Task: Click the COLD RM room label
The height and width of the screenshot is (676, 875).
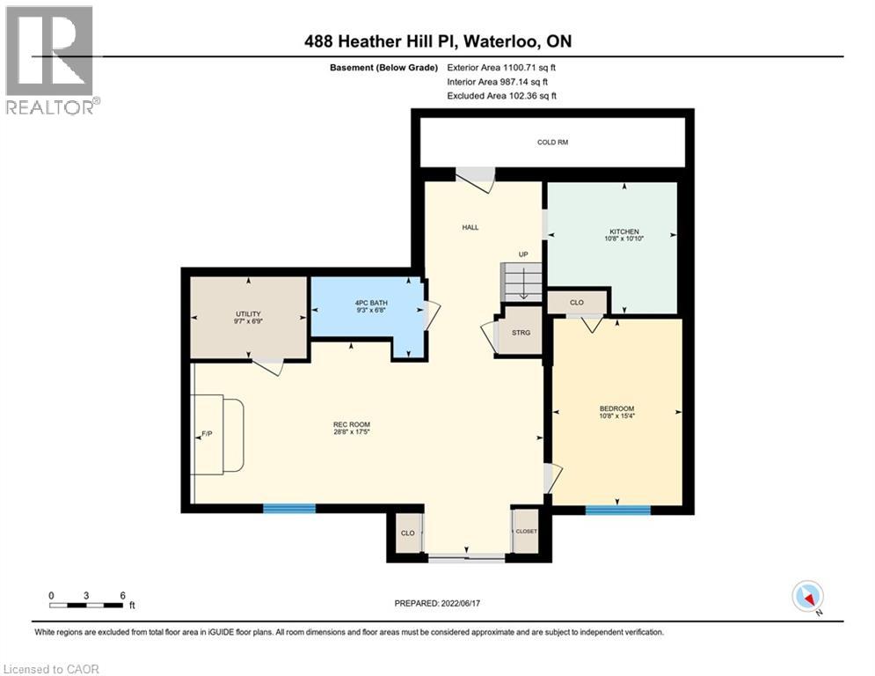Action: point(552,142)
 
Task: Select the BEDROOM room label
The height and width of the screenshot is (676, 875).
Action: point(616,408)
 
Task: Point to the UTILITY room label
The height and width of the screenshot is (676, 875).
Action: point(248,314)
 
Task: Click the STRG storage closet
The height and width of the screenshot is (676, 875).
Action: point(520,332)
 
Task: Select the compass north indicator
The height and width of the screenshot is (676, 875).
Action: point(807,597)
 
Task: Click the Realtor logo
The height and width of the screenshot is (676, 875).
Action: point(49,60)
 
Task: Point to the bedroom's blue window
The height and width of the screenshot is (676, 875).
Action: point(617,510)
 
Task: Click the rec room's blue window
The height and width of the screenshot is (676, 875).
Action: point(289,508)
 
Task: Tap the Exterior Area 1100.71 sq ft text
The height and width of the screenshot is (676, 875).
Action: point(502,67)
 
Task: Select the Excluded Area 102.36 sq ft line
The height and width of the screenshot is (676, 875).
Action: point(502,96)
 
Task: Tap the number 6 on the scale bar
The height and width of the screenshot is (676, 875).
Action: point(121,595)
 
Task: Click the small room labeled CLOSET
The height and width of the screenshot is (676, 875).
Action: point(526,532)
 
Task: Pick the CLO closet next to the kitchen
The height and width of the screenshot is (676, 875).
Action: point(577,302)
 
